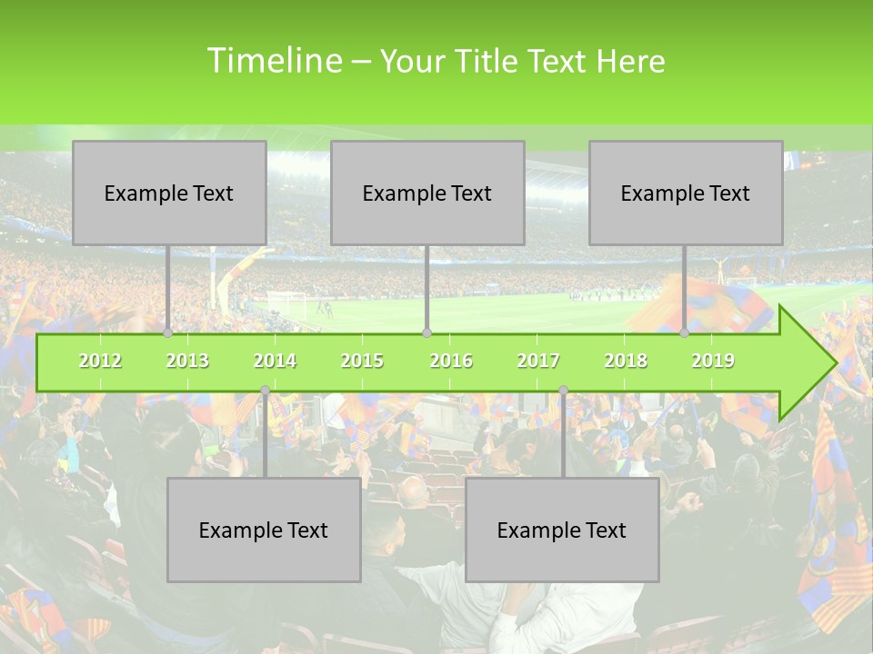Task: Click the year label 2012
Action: click(x=100, y=361)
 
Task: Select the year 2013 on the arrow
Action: click(x=187, y=361)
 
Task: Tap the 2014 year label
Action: click(x=275, y=361)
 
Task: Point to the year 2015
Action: click(x=362, y=361)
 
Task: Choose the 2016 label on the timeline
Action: click(x=451, y=361)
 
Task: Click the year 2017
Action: click(x=538, y=361)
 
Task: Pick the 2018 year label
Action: click(x=626, y=361)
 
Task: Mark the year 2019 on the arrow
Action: click(x=713, y=361)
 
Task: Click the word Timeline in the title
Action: click(x=273, y=61)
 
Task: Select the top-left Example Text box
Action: click(x=169, y=193)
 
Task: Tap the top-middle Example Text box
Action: click(x=427, y=193)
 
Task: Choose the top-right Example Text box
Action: click(x=686, y=193)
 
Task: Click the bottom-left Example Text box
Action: click(x=264, y=530)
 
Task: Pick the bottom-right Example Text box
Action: click(x=562, y=530)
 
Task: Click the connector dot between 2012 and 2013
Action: click(x=168, y=332)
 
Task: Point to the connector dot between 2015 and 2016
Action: click(x=426, y=332)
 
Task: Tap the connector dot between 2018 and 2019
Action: click(x=685, y=332)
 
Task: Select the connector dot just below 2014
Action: click(x=265, y=391)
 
